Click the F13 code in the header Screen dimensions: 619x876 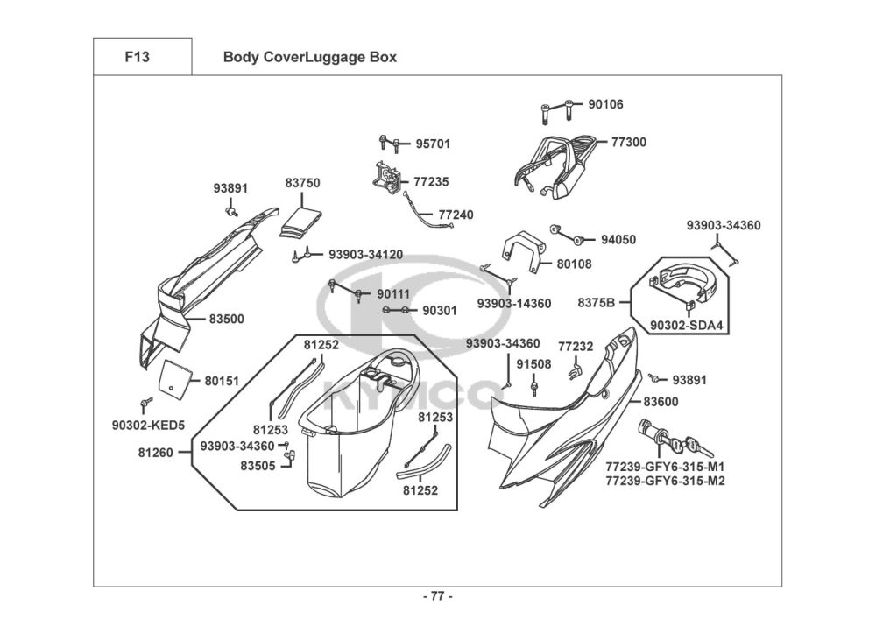138,58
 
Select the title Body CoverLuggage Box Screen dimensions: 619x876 310,58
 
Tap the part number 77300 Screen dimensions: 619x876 629,142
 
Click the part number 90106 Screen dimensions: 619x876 605,104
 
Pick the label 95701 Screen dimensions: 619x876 433,144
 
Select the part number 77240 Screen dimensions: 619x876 456,214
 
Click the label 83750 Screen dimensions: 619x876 302,183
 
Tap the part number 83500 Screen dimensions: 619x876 226,320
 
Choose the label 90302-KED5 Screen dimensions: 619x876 149,426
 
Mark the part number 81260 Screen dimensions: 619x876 155,453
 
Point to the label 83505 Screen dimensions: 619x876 258,466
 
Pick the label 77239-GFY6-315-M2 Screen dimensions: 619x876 665,481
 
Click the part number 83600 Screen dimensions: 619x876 661,402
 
